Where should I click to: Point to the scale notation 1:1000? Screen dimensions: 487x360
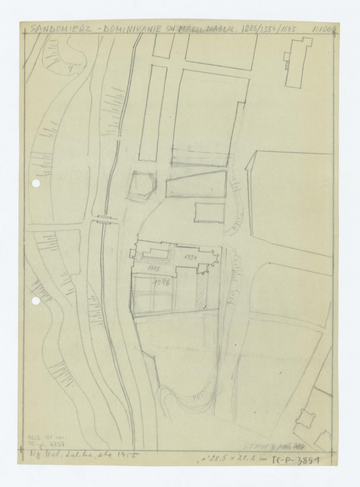tap(325, 29)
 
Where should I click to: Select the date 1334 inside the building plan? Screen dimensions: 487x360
tap(190, 258)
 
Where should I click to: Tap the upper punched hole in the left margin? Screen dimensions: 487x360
tap(36, 184)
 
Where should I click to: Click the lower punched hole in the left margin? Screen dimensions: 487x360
tap(36, 301)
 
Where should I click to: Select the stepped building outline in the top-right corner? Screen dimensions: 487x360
tap(298, 61)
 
